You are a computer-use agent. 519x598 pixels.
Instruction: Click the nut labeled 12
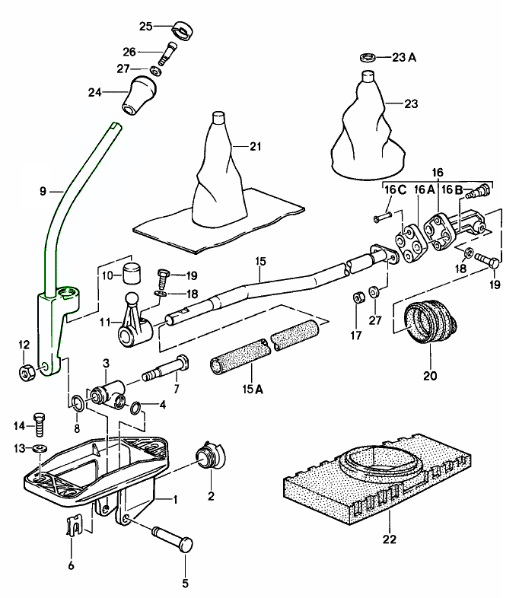[x=25, y=372]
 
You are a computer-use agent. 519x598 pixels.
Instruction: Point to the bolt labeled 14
[x=41, y=423]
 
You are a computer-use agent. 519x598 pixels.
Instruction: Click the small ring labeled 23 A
[x=367, y=57]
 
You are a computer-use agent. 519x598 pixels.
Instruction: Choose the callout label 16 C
[x=390, y=189]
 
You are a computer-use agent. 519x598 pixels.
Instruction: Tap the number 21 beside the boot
[x=254, y=146]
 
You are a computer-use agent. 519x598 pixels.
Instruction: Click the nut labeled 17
[x=355, y=295]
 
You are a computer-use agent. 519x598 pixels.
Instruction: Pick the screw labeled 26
[x=167, y=54]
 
